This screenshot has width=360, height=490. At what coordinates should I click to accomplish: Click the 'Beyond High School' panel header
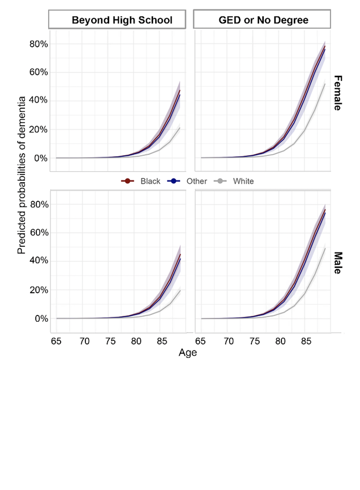(x=122, y=20)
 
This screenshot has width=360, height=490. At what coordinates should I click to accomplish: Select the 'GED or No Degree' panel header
(x=263, y=20)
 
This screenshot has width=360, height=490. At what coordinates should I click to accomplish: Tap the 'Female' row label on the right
(x=337, y=93)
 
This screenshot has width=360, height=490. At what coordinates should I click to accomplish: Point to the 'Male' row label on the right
(x=337, y=263)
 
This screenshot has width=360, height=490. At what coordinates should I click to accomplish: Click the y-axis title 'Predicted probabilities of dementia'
(x=22, y=175)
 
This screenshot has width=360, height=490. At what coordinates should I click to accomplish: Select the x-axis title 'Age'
(x=188, y=352)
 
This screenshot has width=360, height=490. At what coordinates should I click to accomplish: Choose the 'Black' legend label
(x=150, y=181)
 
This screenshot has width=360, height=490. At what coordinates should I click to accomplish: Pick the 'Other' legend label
(x=197, y=181)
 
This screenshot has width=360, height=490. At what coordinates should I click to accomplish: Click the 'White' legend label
(x=243, y=181)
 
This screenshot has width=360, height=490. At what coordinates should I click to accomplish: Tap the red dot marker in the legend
(x=127, y=181)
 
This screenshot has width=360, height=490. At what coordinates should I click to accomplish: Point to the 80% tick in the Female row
(x=39, y=44)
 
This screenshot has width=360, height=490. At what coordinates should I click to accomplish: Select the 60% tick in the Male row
(x=39, y=232)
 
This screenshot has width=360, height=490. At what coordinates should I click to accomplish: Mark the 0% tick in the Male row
(x=42, y=319)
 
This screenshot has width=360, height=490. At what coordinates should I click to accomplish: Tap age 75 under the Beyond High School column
(x=110, y=341)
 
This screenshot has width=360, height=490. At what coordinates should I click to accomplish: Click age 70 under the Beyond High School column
(x=84, y=341)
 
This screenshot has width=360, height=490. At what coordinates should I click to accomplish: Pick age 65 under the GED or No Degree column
(x=200, y=341)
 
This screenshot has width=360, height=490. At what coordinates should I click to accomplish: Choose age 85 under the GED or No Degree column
(x=306, y=341)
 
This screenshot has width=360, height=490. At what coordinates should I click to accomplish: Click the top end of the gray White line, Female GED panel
(x=325, y=84)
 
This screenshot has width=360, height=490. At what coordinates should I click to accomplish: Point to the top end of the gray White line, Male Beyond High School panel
(x=180, y=290)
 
